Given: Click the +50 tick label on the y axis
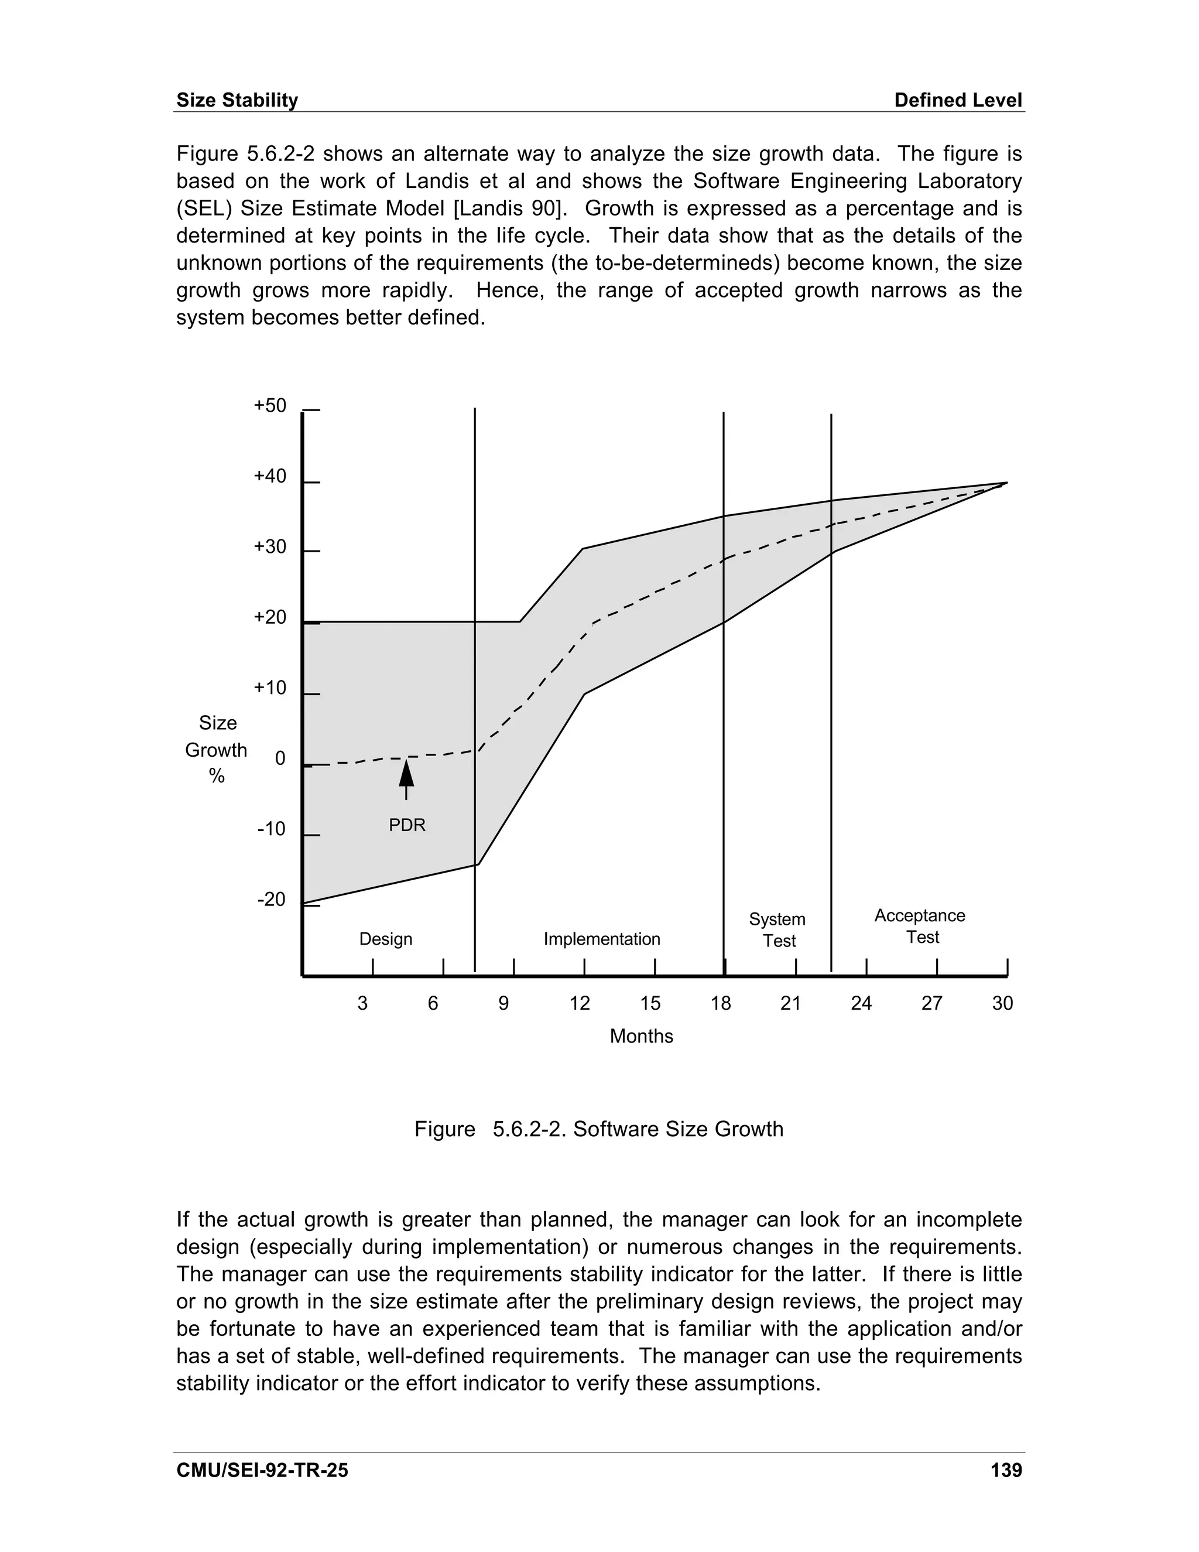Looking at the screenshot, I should (270, 406).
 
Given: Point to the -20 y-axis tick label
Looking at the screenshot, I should (270, 900).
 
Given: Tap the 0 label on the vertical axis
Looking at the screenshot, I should (280, 759).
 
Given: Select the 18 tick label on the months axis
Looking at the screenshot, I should (720, 1003).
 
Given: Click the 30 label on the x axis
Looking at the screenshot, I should (1002, 1003).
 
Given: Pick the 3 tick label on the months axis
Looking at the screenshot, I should (362, 1003).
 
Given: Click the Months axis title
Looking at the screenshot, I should (640, 1036).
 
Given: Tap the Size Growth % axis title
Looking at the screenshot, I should (217, 750).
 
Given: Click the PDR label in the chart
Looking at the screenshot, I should (407, 825).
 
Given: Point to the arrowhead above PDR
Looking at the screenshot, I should (406, 772).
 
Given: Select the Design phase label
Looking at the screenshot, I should (386, 939).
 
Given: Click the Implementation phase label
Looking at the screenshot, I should (602, 939).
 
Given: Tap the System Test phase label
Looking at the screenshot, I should (778, 929).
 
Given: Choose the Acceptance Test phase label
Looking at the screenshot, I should (920, 926).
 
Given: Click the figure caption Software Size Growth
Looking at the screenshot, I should (598, 1129).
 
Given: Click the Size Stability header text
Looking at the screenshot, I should (237, 100).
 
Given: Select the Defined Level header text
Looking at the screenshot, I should (957, 100).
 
